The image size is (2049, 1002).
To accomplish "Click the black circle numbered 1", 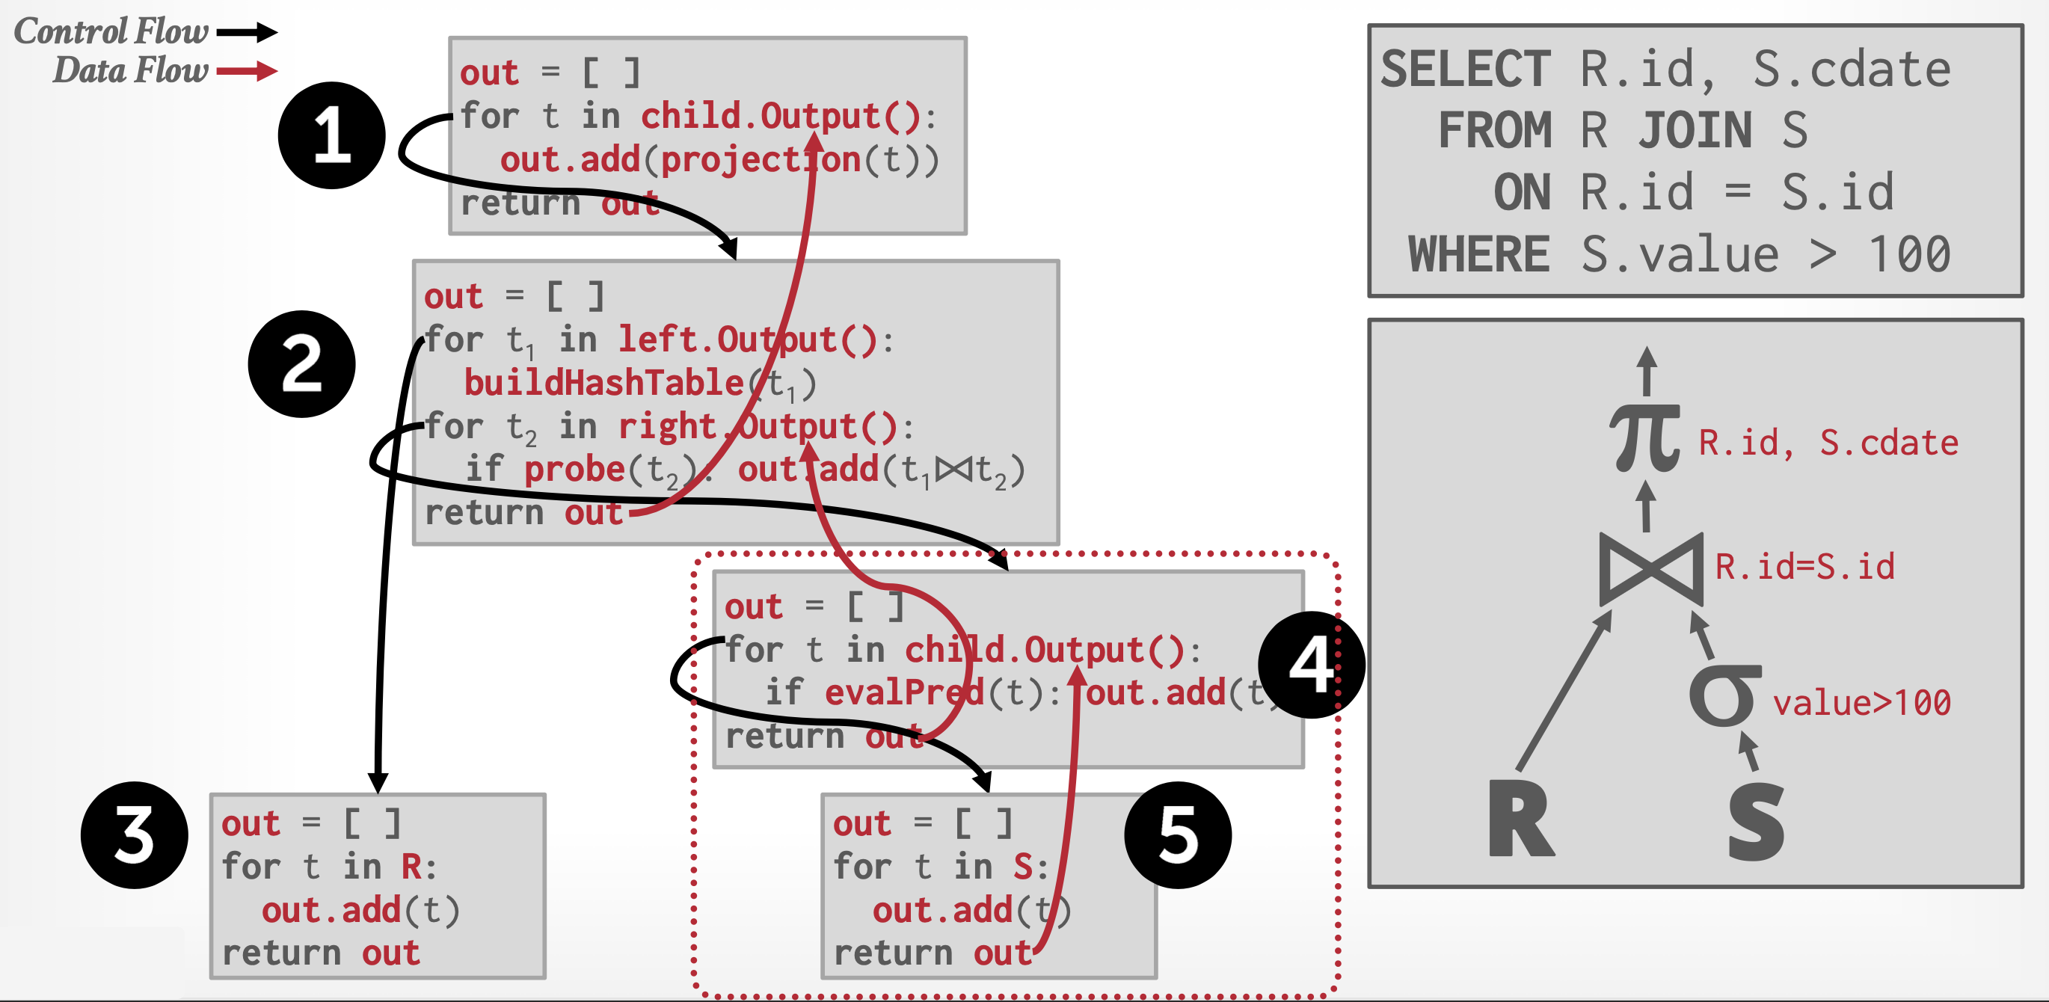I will point(332,135).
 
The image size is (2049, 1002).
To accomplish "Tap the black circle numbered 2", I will point(301,364).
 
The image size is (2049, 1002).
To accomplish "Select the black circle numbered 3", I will point(135,835).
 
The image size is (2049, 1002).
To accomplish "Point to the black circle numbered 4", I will point(1311,665).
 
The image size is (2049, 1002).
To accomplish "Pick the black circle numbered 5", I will point(1178,835).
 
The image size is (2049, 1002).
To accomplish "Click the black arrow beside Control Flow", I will point(247,33).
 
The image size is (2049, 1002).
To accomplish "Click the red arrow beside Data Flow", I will point(247,72).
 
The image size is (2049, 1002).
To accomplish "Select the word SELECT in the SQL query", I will point(1465,70).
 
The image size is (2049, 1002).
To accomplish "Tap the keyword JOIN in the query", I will point(1695,130).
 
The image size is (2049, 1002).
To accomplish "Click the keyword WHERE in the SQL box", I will point(1478,254).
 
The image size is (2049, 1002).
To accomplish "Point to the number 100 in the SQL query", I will point(1909,254).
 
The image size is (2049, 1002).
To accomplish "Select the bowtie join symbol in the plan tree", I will point(1651,569).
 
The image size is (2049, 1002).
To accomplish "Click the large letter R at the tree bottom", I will point(1520,819).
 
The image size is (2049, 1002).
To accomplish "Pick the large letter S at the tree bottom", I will point(1757,823).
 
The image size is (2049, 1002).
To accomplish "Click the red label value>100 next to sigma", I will point(1861,703).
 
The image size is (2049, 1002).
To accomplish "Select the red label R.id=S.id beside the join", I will point(1804,567).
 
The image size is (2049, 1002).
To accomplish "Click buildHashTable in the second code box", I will point(603,384).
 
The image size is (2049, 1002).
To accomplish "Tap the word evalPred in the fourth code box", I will point(904,692).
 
